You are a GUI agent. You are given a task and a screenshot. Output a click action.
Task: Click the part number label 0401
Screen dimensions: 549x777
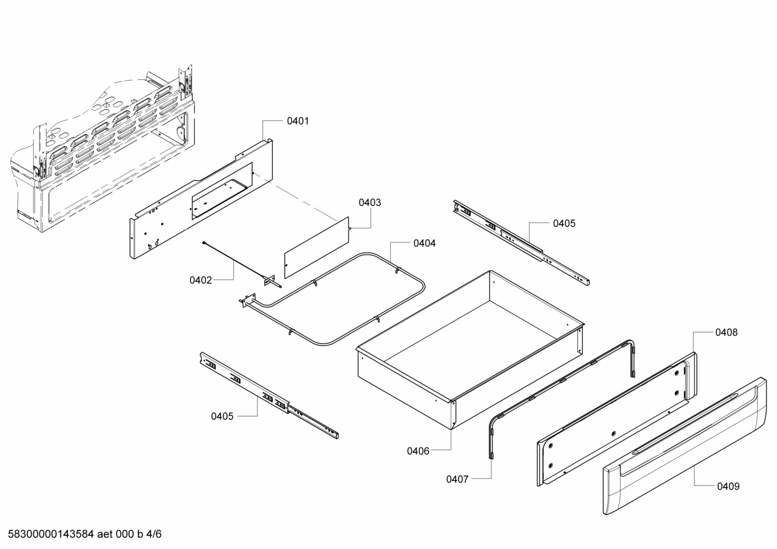coord(297,121)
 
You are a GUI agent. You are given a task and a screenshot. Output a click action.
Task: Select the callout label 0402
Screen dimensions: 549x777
coord(200,280)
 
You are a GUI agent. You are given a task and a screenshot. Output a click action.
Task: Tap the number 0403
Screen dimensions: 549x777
coord(370,203)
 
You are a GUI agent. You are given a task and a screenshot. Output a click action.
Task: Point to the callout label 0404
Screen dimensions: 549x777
coord(425,244)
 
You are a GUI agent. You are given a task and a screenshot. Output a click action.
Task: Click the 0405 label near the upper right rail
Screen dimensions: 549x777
coord(564,223)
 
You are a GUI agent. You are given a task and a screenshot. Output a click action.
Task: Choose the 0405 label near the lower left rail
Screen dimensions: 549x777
coord(223,416)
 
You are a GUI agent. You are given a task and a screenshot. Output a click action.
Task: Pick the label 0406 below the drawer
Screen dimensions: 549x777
coord(418,451)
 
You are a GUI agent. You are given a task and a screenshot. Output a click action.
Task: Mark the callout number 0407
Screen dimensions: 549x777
coord(457,479)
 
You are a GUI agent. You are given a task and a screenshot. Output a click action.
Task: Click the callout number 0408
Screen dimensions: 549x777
coord(726,332)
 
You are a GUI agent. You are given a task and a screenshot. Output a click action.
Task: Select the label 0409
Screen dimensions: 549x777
coord(728,487)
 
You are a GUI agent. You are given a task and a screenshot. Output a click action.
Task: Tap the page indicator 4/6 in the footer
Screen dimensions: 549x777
coord(154,534)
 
